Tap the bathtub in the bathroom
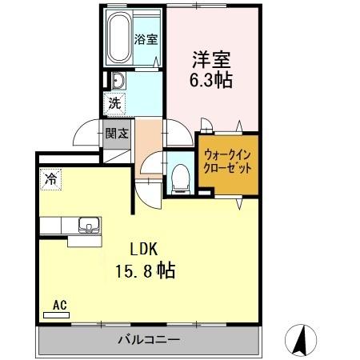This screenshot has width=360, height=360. tap(122, 38)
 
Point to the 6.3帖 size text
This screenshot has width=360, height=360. tap(211, 80)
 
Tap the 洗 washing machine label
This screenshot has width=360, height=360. tap(114, 102)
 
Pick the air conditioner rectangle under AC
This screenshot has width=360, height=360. tap(58, 315)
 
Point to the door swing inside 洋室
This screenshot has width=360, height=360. tap(204, 125)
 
